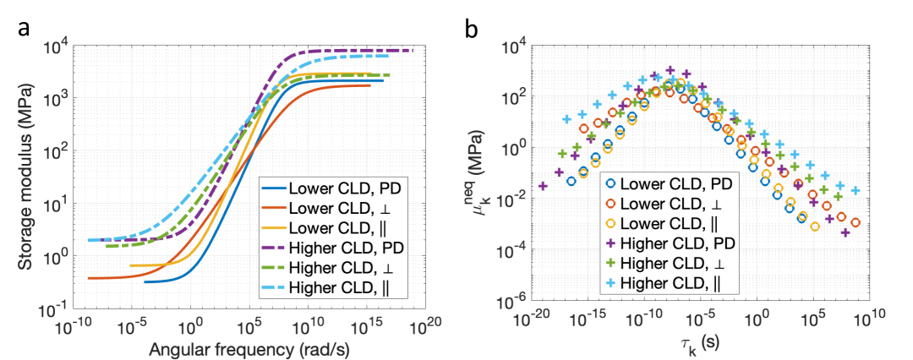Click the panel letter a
(25, 31)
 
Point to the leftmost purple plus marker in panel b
(543, 186)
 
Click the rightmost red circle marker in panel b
(856, 223)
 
